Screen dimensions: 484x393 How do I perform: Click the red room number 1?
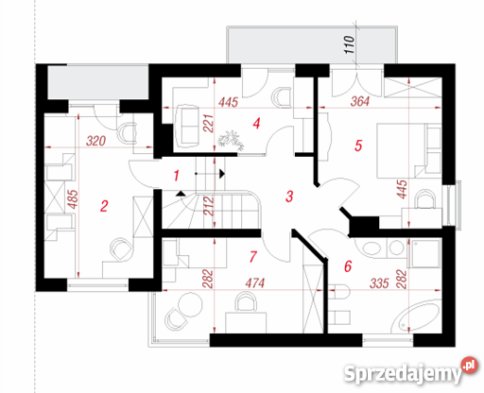(177, 176)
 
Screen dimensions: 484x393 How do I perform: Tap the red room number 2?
(104, 206)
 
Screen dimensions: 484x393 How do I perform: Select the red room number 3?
(289, 196)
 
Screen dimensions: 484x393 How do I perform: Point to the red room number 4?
(256, 124)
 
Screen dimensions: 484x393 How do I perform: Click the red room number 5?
(358, 145)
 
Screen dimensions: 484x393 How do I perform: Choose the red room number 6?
(348, 266)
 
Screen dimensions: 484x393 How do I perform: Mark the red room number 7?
(253, 257)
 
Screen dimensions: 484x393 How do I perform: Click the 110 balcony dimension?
(349, 44)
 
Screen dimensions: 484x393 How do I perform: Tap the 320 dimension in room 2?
(95, 141)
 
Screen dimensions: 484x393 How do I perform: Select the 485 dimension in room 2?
(73, 199)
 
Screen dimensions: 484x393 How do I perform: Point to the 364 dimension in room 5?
(360, 101)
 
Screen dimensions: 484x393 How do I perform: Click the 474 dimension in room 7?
(255, 283)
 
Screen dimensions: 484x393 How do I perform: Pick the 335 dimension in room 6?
(379, 283)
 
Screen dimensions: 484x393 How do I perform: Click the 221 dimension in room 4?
(209, 124)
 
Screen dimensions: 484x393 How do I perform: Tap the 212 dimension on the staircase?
(209, 206)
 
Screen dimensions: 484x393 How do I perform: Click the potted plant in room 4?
(231, 140)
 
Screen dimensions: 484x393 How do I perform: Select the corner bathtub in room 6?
(415, 316)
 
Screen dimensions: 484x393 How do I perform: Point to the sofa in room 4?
(188, 126)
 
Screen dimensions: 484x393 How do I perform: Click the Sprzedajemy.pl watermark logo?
(410, 371)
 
